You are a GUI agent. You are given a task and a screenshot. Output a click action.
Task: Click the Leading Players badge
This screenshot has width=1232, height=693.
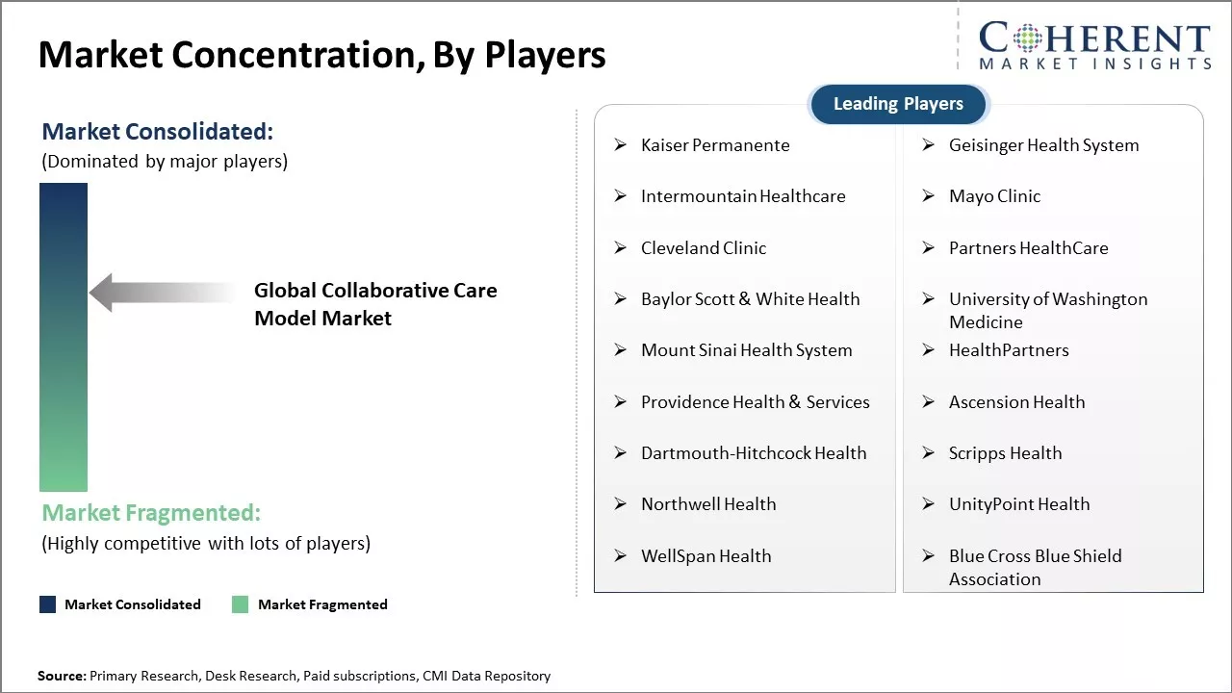tap(898, 104)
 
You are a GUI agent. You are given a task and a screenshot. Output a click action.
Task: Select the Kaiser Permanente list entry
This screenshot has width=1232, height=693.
tap(715, 145)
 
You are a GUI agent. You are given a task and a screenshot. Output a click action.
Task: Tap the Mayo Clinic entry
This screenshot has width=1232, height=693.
tap(994, 196)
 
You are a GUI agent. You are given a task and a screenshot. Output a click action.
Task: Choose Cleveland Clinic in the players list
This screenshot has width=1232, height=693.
tap(704, 248)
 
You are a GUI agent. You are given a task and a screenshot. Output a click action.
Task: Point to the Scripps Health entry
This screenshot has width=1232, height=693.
tap(1006, 453)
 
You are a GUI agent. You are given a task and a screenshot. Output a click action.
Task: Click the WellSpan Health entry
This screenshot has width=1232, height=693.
tap(706, 556)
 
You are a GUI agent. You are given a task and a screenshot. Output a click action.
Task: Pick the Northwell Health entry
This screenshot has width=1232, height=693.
tap(708, 504)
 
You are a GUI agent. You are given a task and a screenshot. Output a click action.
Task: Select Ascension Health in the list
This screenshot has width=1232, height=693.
tap(1017, 402)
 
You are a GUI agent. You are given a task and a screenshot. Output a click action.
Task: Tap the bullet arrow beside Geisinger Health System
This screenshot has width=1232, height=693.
tap(929, 145)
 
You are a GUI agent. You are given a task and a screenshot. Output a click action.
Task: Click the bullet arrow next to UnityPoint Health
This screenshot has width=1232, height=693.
tap(929, 504)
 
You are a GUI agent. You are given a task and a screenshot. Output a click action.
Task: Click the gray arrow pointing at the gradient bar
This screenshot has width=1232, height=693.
tap(163, 293)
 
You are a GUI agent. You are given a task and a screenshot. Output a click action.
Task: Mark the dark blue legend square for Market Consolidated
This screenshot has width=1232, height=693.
tap(48, 604)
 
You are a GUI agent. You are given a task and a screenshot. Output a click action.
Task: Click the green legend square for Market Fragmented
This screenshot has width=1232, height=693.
tap(240, 604)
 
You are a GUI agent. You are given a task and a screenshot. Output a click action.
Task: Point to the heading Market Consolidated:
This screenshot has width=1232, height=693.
tap(157, 132)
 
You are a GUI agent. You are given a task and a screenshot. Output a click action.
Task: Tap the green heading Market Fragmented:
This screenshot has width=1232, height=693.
tap(151, 513)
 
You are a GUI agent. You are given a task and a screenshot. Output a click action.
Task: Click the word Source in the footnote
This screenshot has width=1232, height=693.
tap(60, 676)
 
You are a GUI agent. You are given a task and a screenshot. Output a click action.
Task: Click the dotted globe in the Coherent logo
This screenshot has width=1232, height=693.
tap(1027, 38)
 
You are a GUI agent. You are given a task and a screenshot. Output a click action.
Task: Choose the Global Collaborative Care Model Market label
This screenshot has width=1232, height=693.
tap(375, 304)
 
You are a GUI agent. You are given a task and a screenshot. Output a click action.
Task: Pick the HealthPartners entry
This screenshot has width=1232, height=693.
tap(1009, 350)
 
